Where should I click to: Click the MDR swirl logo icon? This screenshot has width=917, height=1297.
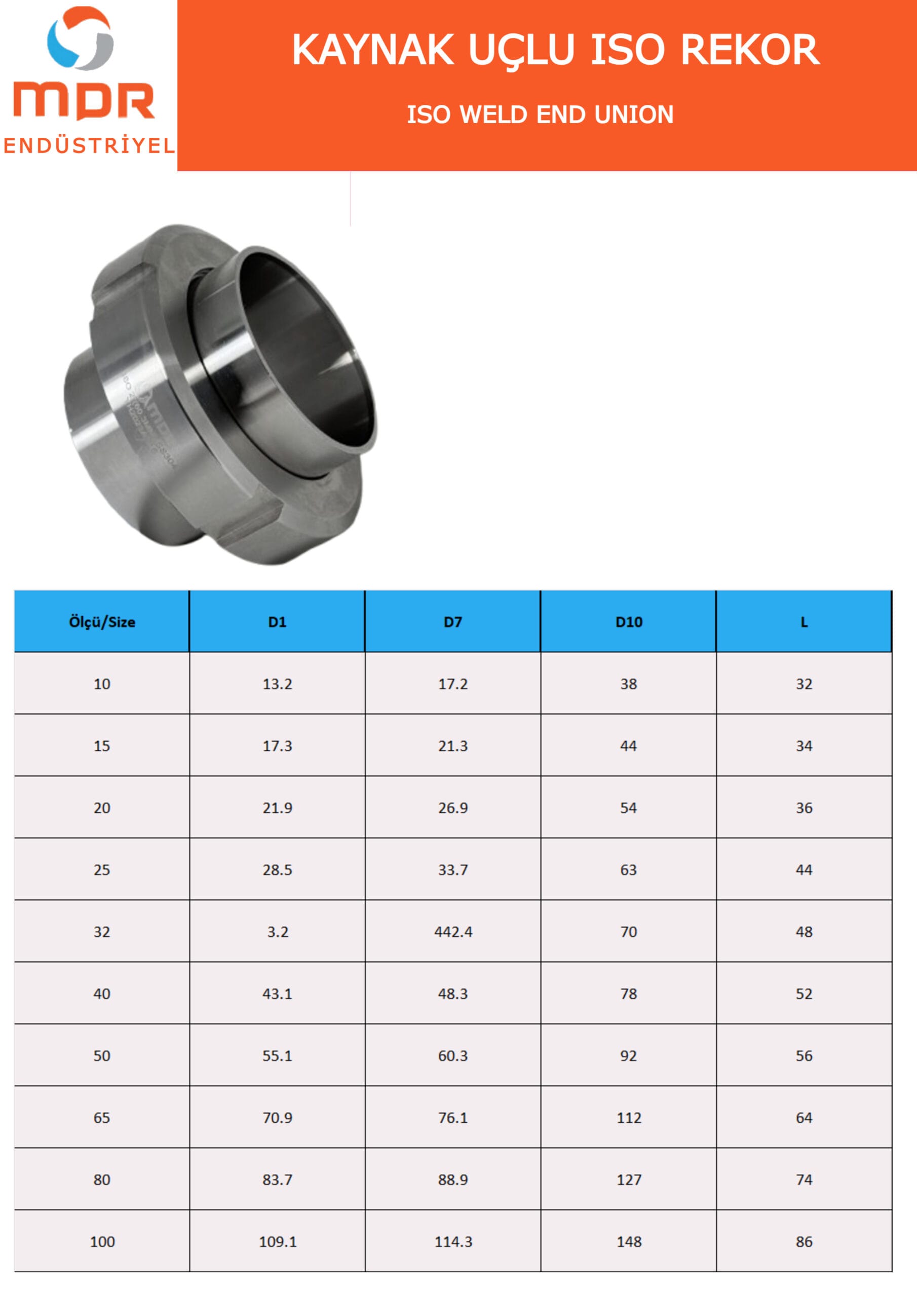[x=81, y=38]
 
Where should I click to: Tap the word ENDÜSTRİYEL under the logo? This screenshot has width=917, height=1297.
[x=89, y=145]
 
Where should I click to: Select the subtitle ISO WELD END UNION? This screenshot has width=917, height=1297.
[x=540, y=115]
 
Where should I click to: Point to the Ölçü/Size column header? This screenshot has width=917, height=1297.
[x=102, y=622]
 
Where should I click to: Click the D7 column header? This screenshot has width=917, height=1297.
[x=452, y=622]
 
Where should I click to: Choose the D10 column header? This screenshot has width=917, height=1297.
[x=628, y=622]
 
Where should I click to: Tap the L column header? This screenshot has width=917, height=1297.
[x=804, y=622]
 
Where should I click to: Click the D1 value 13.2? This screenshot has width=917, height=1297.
[x=278, y=684]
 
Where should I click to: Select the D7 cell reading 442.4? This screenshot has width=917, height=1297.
[x=453, y=932]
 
